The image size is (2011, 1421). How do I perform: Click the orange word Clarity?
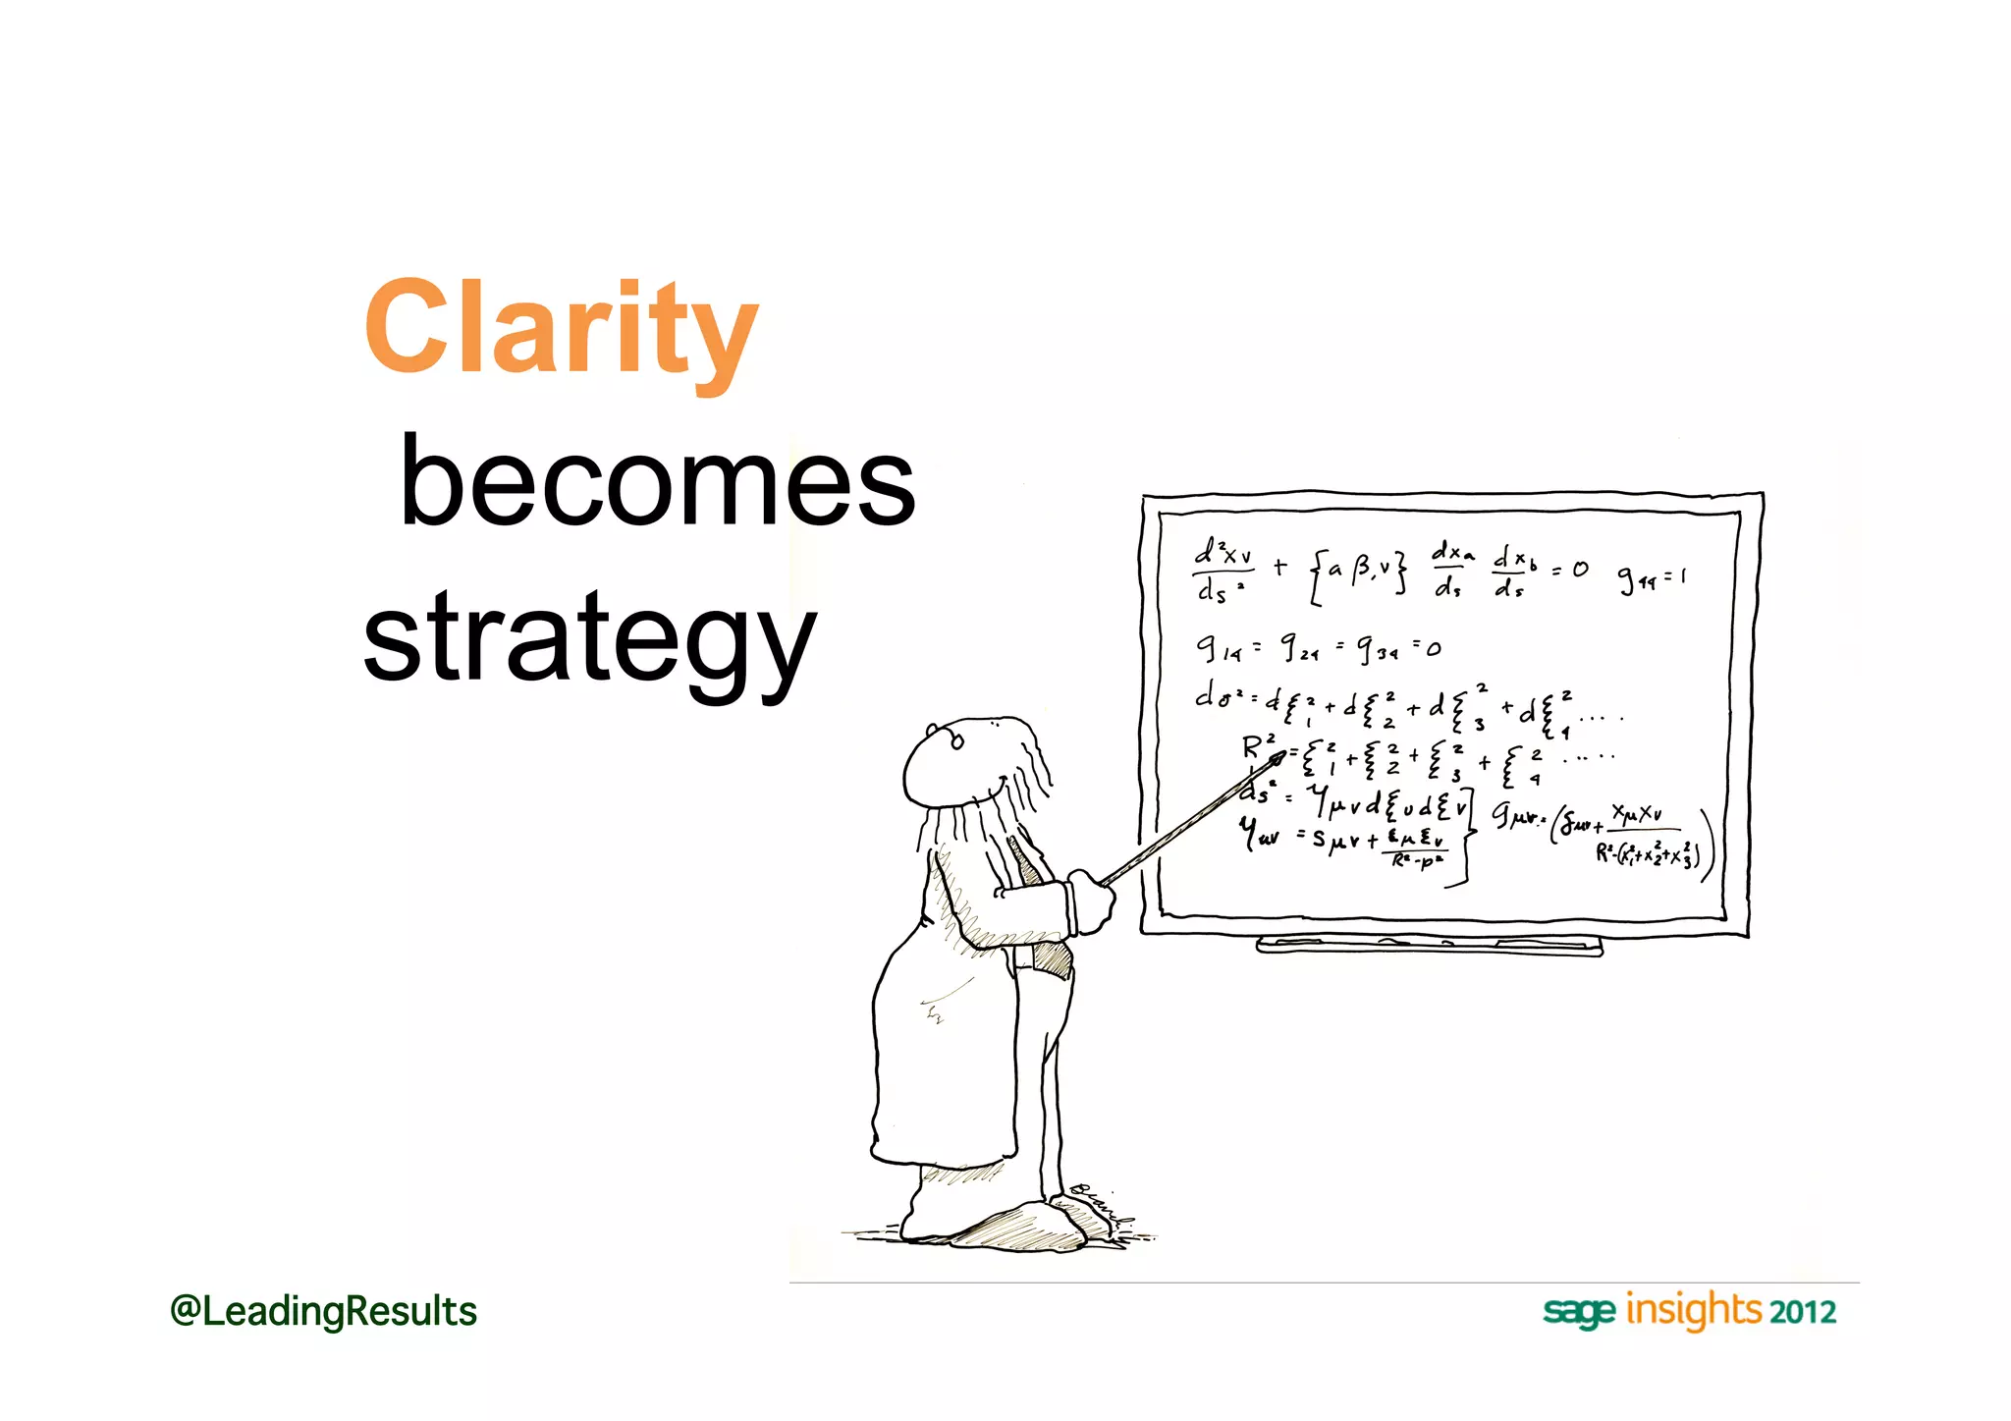561,329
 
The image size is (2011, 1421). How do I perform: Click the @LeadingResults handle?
323,1312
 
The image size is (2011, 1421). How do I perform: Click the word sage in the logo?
1578,1312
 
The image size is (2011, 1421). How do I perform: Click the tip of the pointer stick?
1278,756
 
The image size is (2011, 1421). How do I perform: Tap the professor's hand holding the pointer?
1091,899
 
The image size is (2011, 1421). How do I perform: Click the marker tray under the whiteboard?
1429,946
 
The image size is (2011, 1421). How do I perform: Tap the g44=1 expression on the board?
1652,579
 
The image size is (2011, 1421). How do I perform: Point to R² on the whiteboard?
1258,747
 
